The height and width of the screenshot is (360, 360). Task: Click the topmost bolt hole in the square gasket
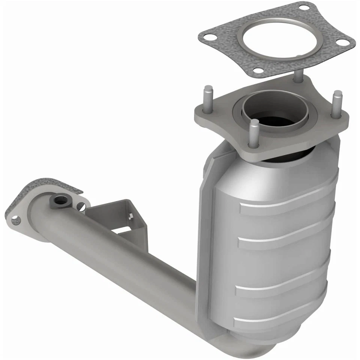click(304, 7)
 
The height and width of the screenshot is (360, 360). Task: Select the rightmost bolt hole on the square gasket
click(342, 42)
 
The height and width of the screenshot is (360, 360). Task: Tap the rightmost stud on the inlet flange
click(337, 103)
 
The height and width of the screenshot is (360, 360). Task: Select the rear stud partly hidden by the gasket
click(298, 75)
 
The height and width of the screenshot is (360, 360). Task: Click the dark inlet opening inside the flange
click(276, 120)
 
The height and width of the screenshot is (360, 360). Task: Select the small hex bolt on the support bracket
click(130, 216)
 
